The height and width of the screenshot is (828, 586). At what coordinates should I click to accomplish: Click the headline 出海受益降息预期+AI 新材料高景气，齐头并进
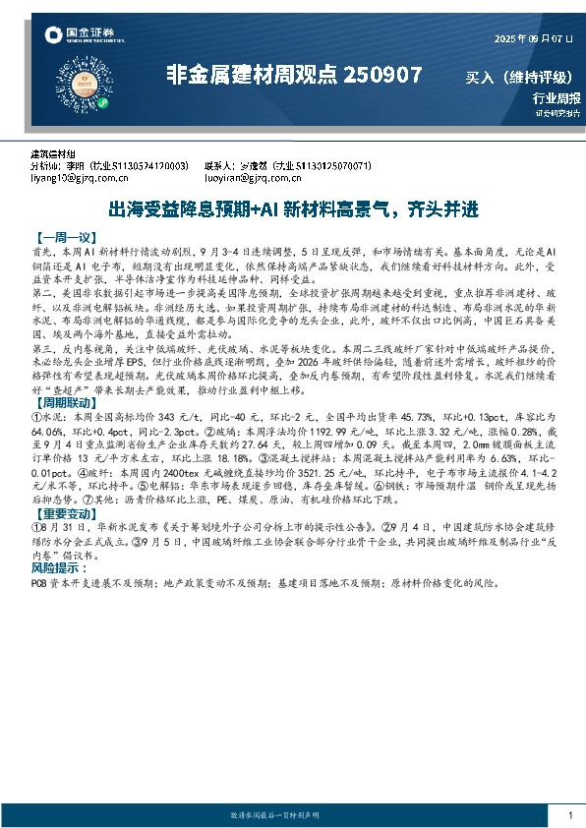point(292,209)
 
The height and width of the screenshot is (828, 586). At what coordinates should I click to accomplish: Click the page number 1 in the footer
point(570,816)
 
